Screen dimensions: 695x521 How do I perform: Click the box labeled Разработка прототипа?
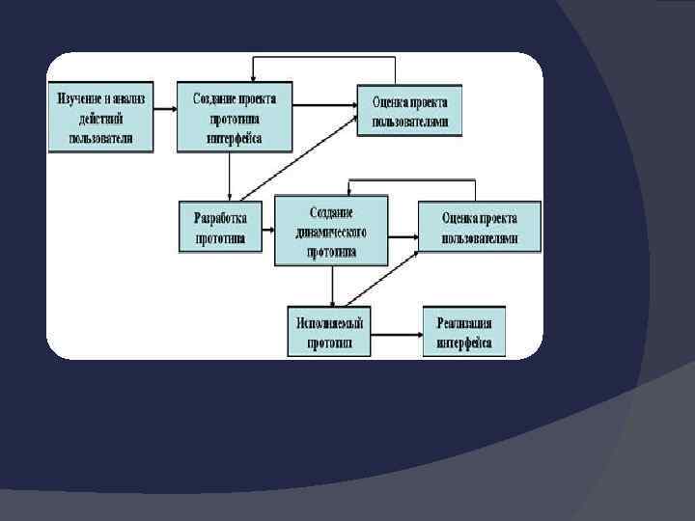point(221,227)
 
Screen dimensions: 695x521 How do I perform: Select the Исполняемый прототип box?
point(329,332)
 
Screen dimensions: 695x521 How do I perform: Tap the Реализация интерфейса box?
point(463,332)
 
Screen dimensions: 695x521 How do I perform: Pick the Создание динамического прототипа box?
point(331,232)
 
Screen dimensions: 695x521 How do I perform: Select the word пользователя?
point(102,137)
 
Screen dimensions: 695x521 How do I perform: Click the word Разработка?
point(221,217)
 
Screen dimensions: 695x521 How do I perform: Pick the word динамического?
point(331,233)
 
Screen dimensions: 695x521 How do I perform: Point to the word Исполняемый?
point(329,322)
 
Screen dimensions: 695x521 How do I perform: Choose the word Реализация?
point(464,322)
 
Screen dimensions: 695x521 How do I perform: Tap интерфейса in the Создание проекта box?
point(235,137)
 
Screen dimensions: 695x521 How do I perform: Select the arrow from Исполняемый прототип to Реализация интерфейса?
point(397,336)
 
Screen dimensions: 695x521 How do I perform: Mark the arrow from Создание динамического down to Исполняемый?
point(332,286)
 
